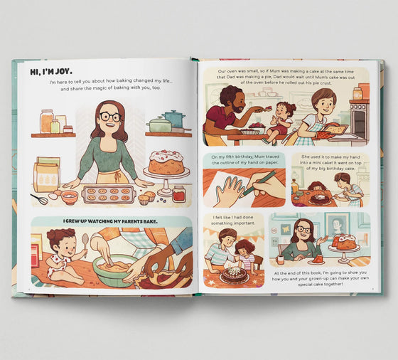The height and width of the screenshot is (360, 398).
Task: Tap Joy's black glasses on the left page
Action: [109, 117]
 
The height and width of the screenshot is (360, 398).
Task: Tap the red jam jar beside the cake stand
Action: [179, 194]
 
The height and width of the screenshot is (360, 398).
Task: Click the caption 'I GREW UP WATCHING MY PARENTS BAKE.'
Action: [111, 221]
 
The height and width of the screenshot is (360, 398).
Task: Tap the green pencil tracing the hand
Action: [254, 184]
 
